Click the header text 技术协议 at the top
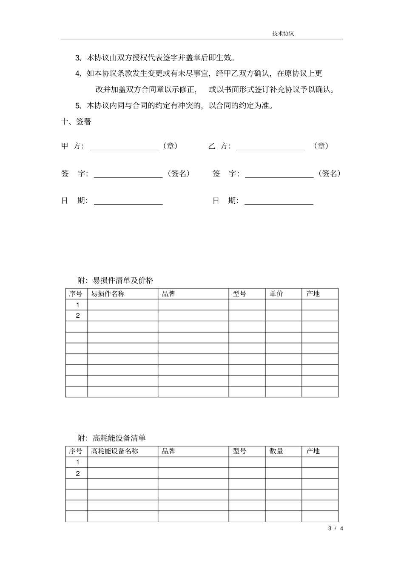283,34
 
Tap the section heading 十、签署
76,122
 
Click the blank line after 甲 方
124,147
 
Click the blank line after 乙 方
270,147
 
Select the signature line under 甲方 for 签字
128,174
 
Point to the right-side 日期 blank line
279,201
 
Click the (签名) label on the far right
330,174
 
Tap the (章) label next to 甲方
170,146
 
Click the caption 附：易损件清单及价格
115,280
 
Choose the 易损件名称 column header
108,294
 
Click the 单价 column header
276,294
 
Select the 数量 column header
276,451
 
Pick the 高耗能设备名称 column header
115,451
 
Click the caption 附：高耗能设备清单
111,438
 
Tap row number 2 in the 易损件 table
77,316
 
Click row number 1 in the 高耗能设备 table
77,462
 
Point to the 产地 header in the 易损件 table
313,294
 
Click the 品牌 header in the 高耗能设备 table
168,451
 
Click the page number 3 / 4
336,529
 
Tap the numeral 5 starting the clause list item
77,105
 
